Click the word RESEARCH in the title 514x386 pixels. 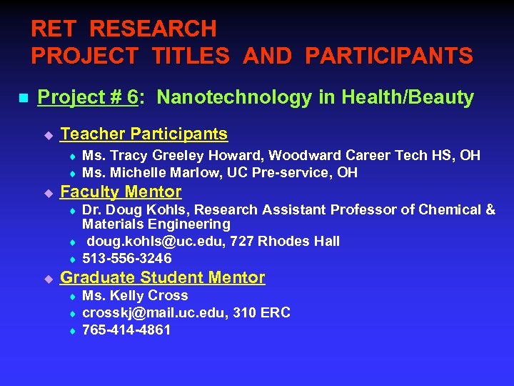pyautogui.click(x=153, y=29)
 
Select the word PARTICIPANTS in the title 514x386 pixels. pyautogui.click(x=388, y=56)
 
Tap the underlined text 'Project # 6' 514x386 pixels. pyautogui.click(x=87, y=98)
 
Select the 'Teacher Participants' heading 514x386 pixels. pyautogui.click(x=144, y=134)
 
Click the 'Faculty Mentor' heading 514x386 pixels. pyautogui.click(x=121, y=192)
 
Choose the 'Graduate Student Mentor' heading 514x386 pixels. pyautogui.click(x=163, y=277)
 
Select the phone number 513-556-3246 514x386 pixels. pyautogui.click(x=127, y=259)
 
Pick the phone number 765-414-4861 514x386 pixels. pyautogui.click(x=127, y=330)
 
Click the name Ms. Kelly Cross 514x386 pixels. pyautogui.click(x=135, y=296)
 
